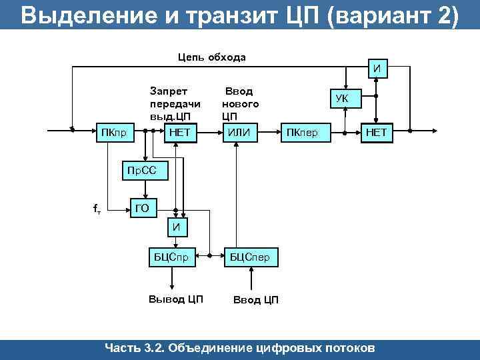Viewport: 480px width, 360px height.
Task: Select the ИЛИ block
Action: tap(239, 133)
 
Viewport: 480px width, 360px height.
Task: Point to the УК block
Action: tap(341, 99)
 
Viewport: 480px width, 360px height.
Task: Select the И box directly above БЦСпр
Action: tap(177, 228)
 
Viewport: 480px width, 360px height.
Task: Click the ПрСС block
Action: tap(141, 171)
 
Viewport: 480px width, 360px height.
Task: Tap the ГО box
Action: tap(142, 209)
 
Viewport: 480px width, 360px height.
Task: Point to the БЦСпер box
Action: tap(249, 257)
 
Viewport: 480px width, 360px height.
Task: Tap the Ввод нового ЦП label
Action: tap(241, 103)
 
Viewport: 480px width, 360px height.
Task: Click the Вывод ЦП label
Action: tap(175, 298)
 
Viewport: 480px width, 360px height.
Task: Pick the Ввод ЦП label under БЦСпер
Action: tap(255, 299)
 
